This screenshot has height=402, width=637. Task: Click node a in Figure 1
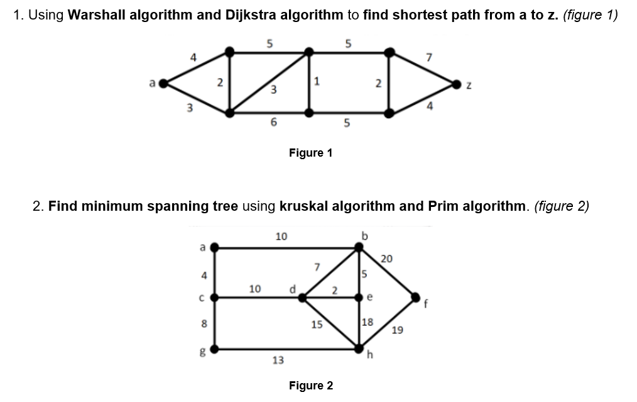click(x=163, y=82)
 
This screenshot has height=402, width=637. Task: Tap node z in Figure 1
click(x=457, y=82)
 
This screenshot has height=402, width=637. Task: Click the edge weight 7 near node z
click(x=429, y=59)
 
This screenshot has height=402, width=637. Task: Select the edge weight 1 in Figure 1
click(x=318, y=81)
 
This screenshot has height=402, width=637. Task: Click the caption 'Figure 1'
click(x=310, y=153)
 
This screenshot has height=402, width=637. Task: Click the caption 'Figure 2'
click(x=310, y=385)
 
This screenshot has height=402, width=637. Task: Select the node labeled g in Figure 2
click(x=214, y=349)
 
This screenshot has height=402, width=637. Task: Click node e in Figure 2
click(x=359, y=297)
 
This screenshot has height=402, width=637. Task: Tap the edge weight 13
click(x=278, y=360)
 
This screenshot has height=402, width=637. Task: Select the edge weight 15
click(x=317, y=325)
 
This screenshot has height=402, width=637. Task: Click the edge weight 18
click(x=368, y=322)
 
